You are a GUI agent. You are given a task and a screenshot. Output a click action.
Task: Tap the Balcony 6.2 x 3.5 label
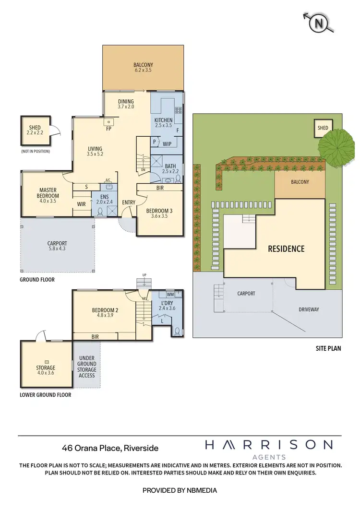pos(143,69)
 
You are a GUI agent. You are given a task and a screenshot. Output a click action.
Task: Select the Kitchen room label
pos(163,122)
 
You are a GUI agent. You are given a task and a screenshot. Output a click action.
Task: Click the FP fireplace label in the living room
pos(109,129)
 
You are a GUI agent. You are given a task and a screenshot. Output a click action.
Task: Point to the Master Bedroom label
pos(48,193)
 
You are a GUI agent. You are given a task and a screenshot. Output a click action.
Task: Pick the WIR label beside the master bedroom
pos(82,204)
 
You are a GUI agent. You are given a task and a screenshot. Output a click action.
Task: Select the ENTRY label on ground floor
pos(129,202)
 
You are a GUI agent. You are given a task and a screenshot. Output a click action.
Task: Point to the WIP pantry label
pos(167,143)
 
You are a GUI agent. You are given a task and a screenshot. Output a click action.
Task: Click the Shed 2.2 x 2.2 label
pos(35,130)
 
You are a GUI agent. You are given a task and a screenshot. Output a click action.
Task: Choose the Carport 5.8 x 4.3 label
pos(57,246)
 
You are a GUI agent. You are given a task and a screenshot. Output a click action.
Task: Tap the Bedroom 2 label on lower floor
pos(105,313)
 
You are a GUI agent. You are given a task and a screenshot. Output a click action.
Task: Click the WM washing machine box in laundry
pos(170,294)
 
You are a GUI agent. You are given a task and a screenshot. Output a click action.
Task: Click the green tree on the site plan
pos(334,148)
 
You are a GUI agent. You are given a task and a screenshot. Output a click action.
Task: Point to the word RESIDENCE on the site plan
pos(286,249)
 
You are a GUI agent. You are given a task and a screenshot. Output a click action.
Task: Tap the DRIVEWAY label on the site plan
pos(309,309)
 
